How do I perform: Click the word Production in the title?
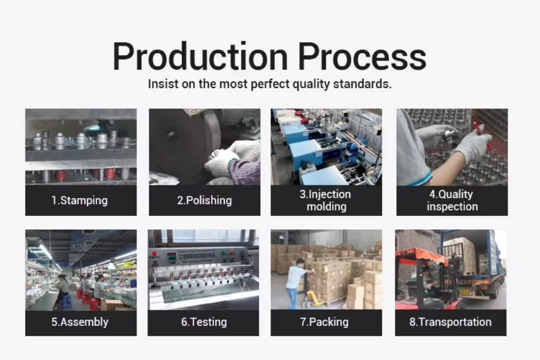[x=200, y=56]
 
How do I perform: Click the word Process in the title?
[x=362, y=57]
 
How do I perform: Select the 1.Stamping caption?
[x=79, y=200]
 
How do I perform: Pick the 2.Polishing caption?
[x=205, y=200]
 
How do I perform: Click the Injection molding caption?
[x=326, y=200]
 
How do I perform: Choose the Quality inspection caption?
[x=452, y=200]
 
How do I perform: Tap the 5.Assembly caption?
[x=80, y=322]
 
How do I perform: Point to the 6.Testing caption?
[x=204, y=322]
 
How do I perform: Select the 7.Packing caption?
[x=324, y=322]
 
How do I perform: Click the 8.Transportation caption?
[x=450, y=322]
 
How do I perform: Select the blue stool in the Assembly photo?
[x=66, y=302]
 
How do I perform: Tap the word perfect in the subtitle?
[x=271, y=84]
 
